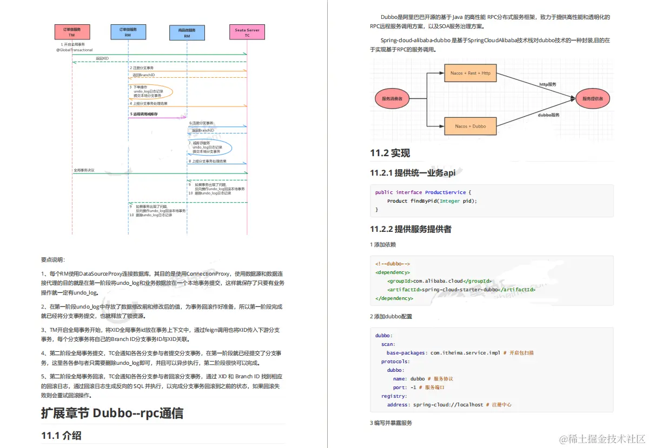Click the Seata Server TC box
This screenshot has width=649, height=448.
247,32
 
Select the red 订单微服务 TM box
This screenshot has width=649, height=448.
72,32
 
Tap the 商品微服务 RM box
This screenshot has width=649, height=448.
187,33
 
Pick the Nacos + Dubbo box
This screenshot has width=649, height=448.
469,126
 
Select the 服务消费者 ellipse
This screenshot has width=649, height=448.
393,99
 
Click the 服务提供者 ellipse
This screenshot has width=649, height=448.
593,99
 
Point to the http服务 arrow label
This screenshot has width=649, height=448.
547,84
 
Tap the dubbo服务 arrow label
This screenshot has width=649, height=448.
548,115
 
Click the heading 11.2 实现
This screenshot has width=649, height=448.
390,153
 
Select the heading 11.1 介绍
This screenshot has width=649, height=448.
61,435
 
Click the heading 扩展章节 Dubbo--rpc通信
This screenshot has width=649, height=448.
112,413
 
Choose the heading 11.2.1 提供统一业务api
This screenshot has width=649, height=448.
413,173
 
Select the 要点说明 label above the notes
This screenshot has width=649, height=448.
53,259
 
